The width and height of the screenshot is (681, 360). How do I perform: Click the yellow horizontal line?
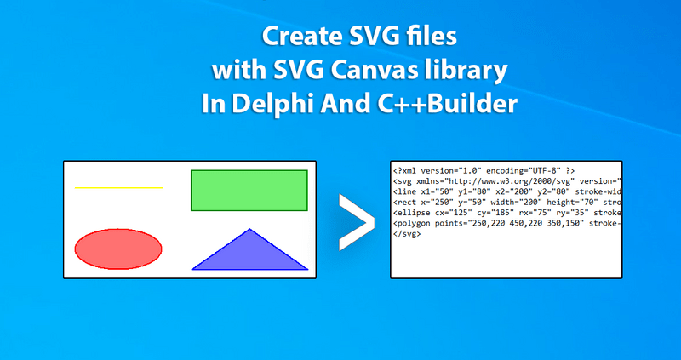tap(118, 187)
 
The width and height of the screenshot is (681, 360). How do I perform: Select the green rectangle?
tap(249, 190)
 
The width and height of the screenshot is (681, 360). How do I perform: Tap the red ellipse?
tap(118, 249)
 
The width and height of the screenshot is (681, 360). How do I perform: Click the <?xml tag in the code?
tap(406, 171)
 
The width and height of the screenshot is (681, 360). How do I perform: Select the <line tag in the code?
tap(404, 192)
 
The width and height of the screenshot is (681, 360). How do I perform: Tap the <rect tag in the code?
tap(404, 203)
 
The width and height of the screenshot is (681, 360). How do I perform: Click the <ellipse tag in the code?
tap(409, 213)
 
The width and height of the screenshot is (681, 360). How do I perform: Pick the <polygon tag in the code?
tap(412, 223)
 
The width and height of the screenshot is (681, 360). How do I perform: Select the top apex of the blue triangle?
tap(249, 229)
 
